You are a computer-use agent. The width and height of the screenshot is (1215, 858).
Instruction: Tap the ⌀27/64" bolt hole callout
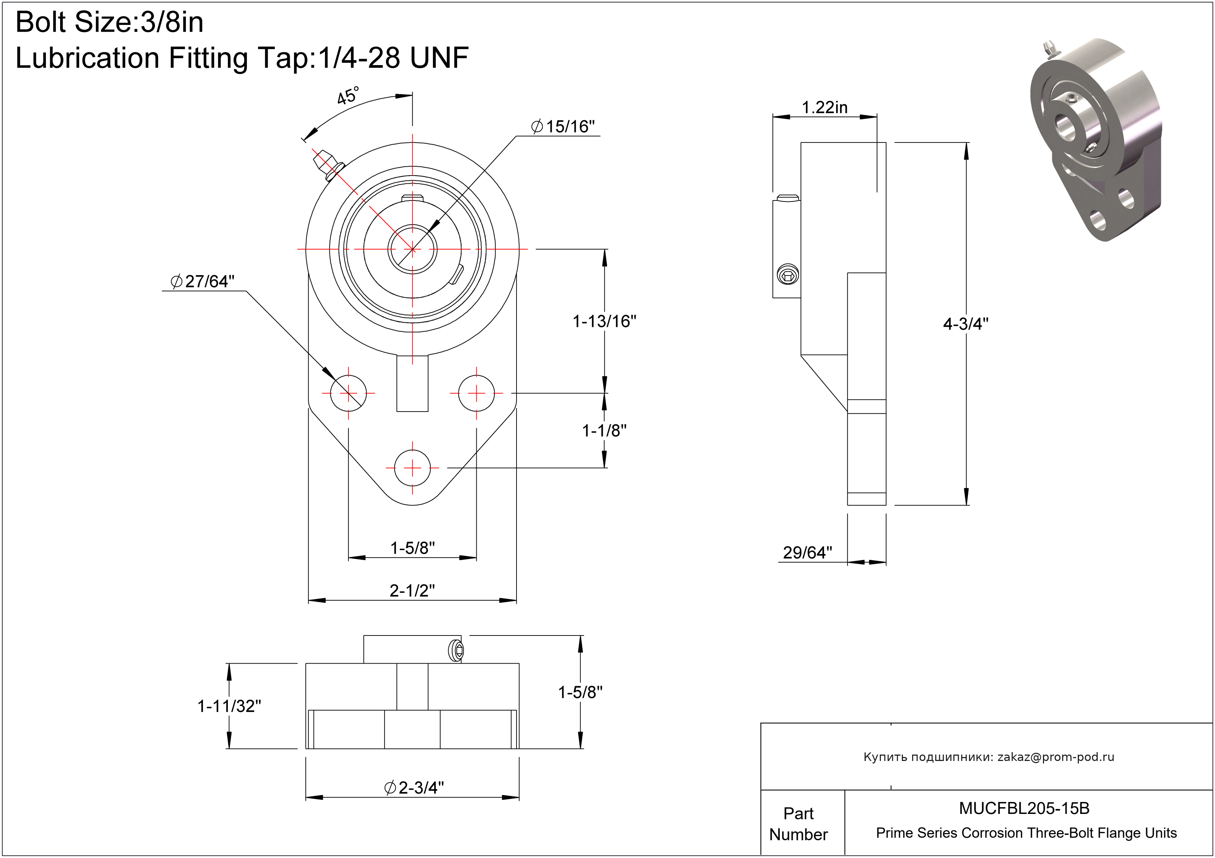202,281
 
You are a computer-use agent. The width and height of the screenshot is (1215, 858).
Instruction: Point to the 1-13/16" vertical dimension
604,321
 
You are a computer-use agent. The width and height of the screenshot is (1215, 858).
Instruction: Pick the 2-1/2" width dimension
412,590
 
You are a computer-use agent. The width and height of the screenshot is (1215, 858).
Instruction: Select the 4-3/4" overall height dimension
966,324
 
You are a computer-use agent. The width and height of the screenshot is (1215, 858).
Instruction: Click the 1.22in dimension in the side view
824,107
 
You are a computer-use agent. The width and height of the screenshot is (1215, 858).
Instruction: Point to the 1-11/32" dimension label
229,706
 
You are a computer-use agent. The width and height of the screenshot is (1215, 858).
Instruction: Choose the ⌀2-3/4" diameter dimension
414,788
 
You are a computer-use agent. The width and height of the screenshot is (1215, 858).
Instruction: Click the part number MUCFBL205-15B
1024,808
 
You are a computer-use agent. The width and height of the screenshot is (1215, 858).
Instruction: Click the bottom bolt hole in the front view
412,468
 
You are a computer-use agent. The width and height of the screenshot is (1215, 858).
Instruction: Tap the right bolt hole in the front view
476,393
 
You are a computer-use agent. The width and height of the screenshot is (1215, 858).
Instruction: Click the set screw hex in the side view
787,275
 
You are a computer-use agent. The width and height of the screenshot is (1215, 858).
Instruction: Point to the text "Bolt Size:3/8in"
109,22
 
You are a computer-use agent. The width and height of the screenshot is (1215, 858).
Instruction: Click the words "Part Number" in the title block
798,824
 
